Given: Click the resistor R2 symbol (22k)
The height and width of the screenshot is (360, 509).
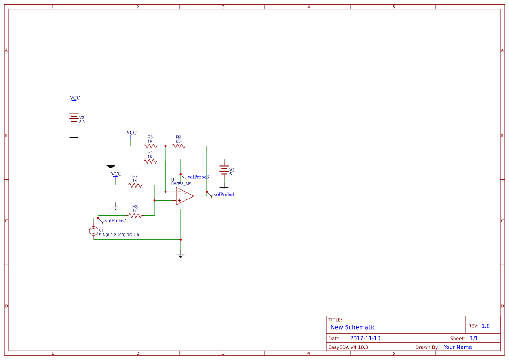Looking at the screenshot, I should coord(179,146).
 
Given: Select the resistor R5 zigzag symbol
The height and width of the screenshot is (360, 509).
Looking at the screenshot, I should coord(150,146).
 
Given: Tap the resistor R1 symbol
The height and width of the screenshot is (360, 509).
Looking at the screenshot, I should coord(150,161).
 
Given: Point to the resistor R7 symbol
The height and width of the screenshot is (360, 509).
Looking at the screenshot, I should coord(135,185).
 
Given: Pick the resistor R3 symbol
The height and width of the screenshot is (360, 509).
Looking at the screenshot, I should coord(135,215).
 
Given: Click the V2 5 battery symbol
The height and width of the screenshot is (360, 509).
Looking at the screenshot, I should coord(224,170).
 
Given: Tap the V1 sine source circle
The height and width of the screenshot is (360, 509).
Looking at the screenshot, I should coord(94,231).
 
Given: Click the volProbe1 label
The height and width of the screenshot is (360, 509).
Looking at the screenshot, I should coord(224,195).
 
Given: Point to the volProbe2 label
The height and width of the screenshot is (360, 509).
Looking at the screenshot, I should coord(115,221).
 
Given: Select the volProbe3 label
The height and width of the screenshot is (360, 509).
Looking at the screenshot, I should coord(198,177).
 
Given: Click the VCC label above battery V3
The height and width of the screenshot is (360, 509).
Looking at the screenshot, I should coord(75,98).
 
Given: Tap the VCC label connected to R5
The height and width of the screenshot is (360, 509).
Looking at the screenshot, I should coord(131,132).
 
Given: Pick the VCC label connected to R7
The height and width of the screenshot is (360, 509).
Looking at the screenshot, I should coord(116,174).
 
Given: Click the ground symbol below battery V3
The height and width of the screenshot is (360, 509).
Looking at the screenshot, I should coord(74,138).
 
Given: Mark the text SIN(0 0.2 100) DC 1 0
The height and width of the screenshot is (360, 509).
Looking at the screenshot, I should coord(119,235).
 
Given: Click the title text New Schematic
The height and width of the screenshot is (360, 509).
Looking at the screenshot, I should coord(353,327).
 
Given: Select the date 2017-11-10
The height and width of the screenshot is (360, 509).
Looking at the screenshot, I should coord(365,338).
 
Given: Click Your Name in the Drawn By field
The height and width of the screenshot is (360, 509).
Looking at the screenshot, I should coord(457,347).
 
